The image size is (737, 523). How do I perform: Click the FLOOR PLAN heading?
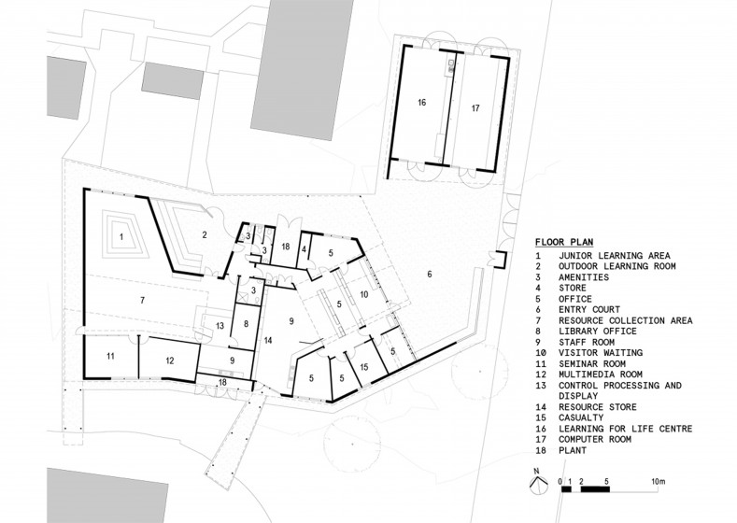(x=564, y=243)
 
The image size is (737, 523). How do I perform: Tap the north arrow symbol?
(x=538, y=483)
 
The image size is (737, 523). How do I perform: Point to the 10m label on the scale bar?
(x=658, y=482)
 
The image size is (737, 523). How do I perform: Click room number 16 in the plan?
(x=421, y=102)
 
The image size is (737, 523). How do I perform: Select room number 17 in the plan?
(x=475, y=108)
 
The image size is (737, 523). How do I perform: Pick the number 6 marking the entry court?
(x=429, y=274)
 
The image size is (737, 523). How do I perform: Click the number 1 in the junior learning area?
(x=120, y=236)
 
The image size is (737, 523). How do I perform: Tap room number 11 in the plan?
(x=110, y=356)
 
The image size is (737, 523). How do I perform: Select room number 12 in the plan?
(x=170, y=360)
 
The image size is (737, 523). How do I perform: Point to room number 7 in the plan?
(x=142, y=301)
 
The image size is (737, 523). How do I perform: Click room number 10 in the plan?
(x=363, y=294)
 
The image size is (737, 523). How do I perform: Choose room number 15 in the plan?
(x=363, y=367)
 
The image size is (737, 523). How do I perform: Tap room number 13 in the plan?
(x=220, y=326)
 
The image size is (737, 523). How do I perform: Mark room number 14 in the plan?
(x=268, y=340)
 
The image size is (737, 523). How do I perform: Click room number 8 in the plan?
(x=246, y=324)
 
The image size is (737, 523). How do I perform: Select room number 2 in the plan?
(x=205, y=235)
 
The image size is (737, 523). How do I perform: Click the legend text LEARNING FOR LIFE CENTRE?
(x=625, y=429)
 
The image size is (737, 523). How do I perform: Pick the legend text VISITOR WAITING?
(x=601, y=352)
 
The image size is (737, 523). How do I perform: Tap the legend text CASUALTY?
(x=581, y=417)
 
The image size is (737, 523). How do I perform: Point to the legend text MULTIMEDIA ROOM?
(x=601, y=375)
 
